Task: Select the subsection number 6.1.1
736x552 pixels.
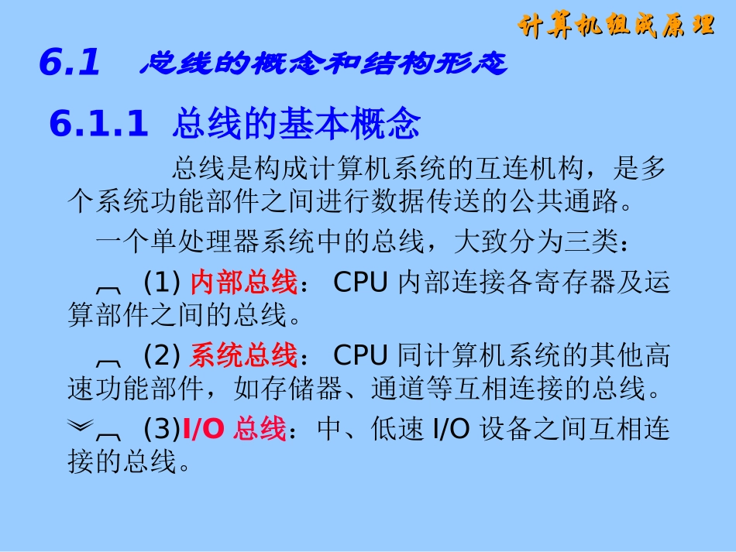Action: pyautogui.click(x=98, y=124)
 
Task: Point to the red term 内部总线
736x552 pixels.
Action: pyautogui.click(x=243, y=283)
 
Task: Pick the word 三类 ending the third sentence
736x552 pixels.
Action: pyautogui.click(x=591, y=242)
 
